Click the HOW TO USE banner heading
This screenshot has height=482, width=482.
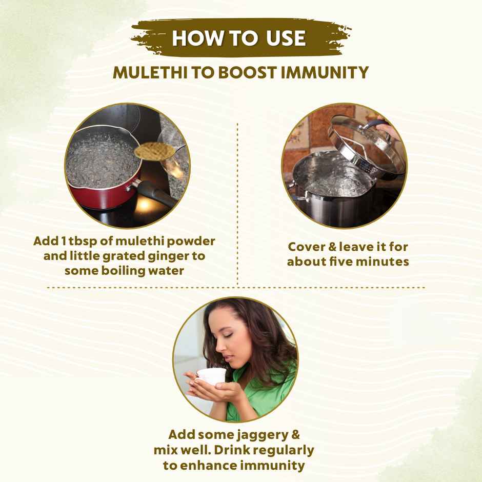239,38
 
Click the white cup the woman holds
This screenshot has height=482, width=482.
212,376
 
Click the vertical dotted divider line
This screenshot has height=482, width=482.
237,205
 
